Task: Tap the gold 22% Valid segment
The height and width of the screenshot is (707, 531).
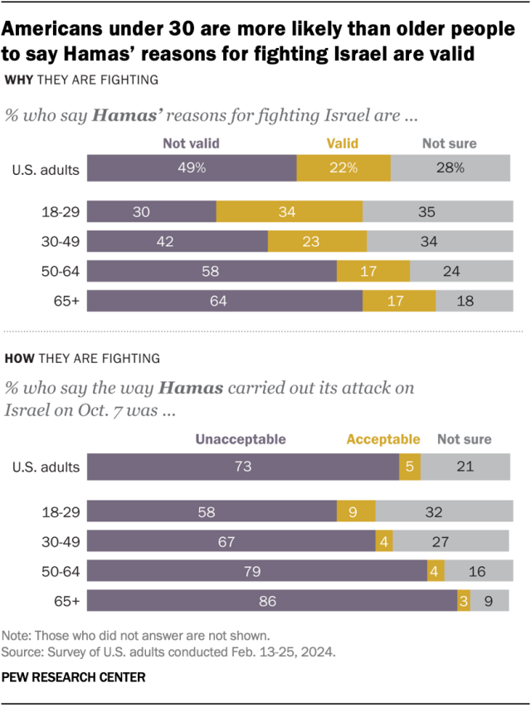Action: (343, 168)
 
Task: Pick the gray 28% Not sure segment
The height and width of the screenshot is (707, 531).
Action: (450, 168)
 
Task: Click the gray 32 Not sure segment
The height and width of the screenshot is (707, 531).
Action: (442, 511)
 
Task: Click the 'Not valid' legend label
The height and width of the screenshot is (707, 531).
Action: (192, 143)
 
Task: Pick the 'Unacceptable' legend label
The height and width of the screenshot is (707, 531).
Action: (241, 439)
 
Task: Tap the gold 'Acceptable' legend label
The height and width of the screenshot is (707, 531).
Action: (383, 439)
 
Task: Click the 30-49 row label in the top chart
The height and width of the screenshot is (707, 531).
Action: (61, 241)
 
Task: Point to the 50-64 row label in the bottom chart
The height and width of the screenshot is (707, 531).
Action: (61, 571)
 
